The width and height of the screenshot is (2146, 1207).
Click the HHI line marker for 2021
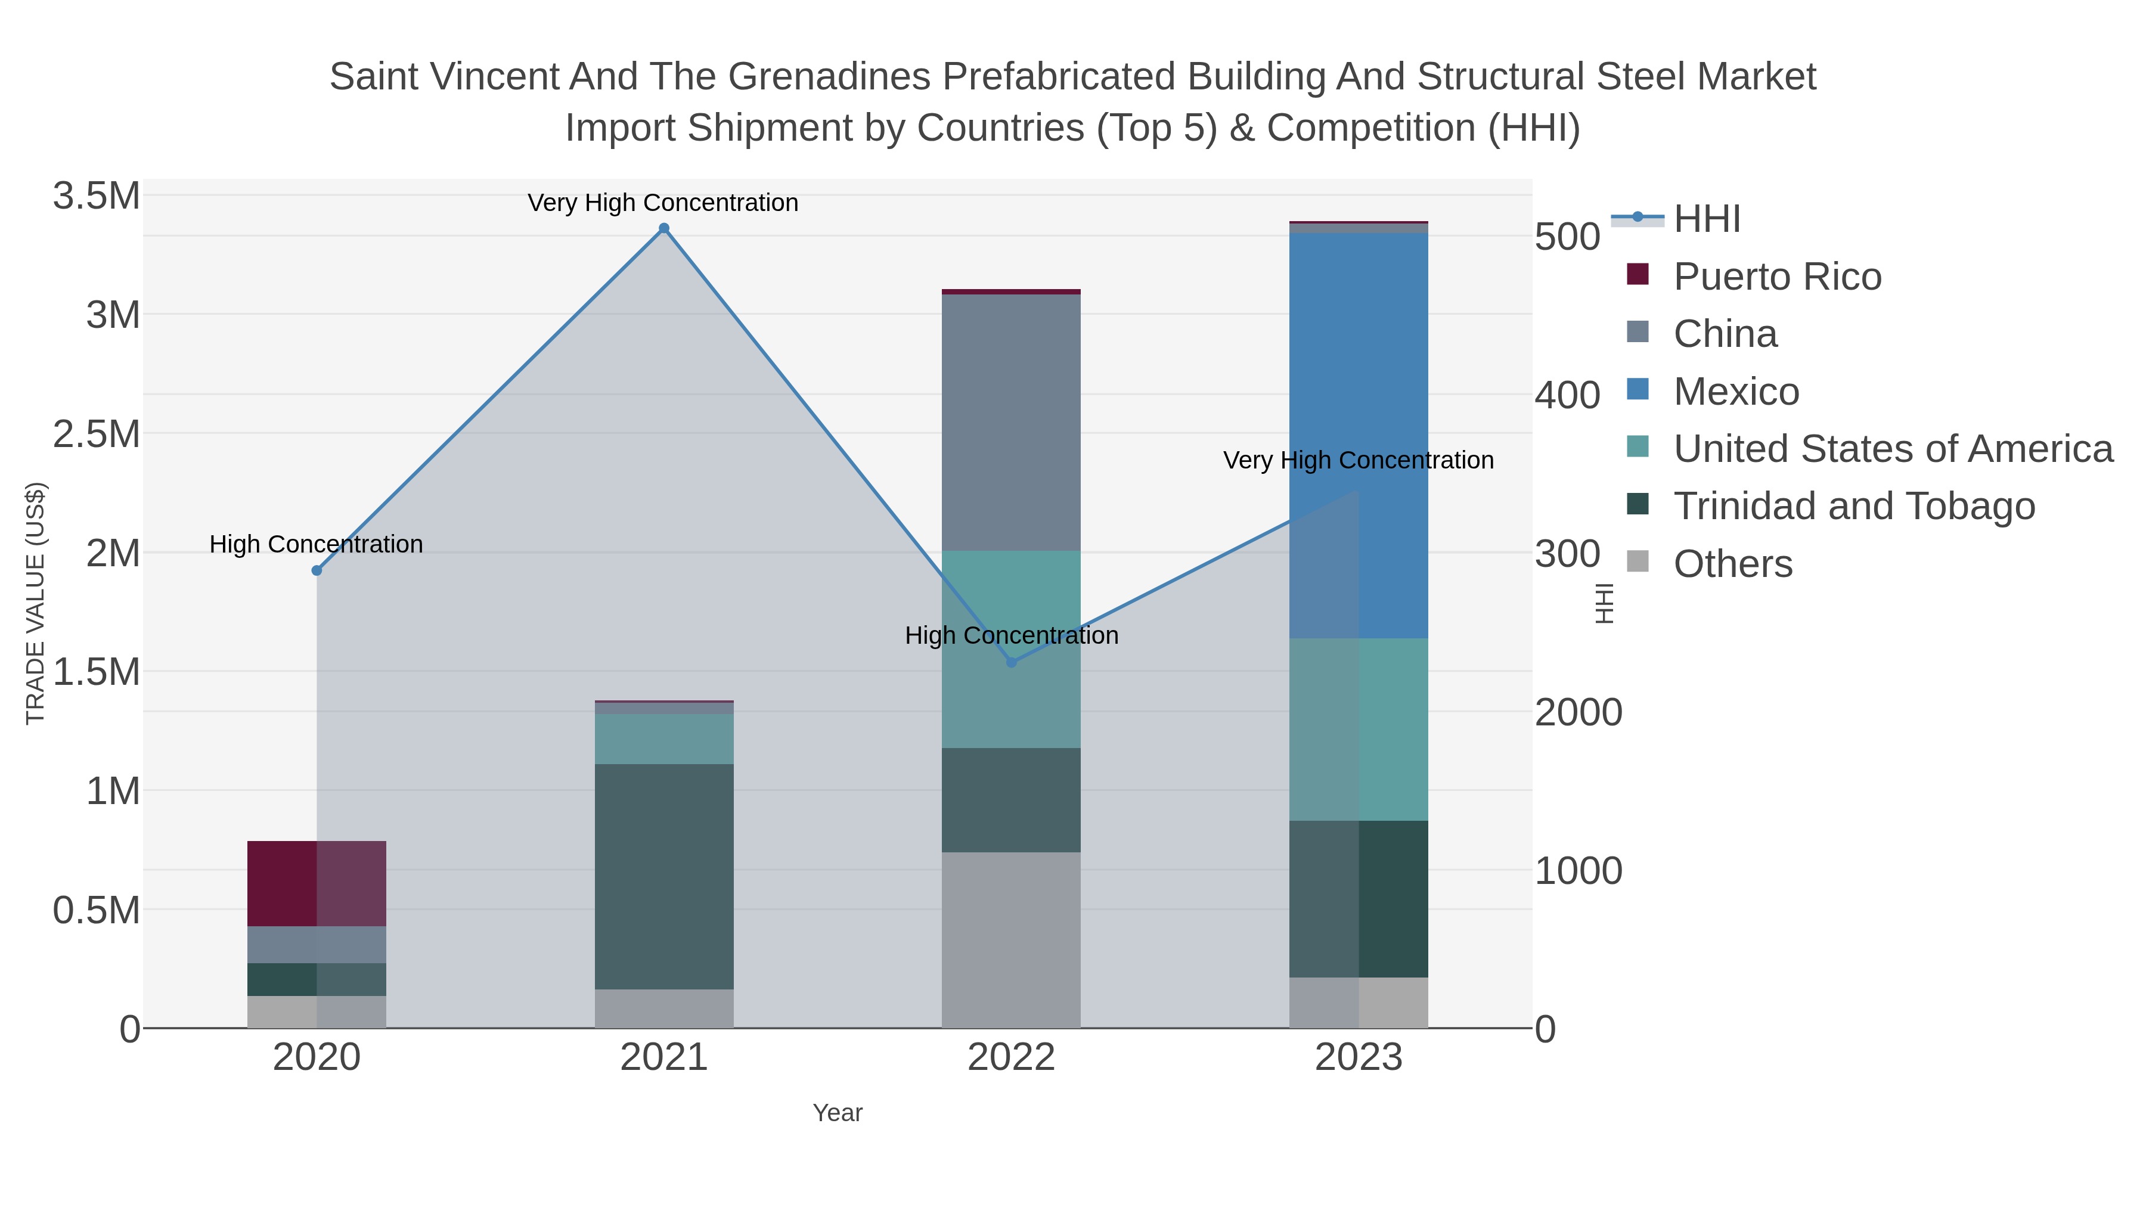coord(664,228)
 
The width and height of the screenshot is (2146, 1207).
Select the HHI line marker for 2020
coord(317,570)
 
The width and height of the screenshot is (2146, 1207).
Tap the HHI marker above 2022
coord(1012,662)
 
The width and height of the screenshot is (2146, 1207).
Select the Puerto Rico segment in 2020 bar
coord(317,883)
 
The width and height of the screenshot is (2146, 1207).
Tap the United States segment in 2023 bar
coord(1359,730)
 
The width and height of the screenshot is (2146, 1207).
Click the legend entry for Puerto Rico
coord(1776,277)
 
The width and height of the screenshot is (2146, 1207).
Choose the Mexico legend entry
coord(1735,392)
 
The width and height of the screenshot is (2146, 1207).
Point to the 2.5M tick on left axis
coord(96,434)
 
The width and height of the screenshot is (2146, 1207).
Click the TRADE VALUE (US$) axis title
coord(35,603)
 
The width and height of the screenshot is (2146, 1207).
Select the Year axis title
coord(838,1113)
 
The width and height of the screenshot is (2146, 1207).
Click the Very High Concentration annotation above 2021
coord(663,203)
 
